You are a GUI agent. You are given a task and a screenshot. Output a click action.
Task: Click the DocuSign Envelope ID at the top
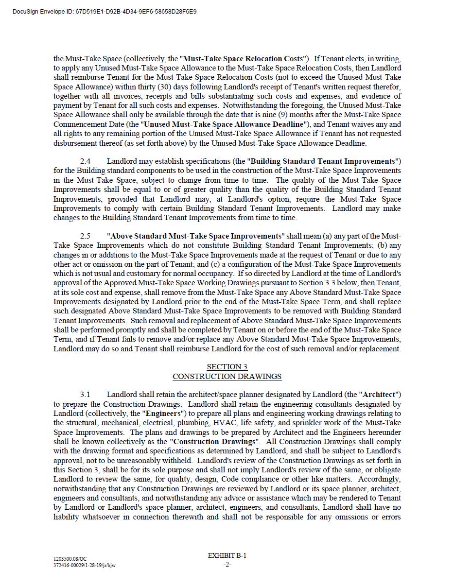coord(105,11)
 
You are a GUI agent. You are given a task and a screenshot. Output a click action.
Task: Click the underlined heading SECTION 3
coord(227,367)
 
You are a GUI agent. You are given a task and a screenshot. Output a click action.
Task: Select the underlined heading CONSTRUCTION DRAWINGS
coord(227,377)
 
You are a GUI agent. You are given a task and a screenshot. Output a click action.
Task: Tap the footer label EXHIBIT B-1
coord(227,555)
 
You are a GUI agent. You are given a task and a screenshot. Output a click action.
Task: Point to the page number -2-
coord(227,564)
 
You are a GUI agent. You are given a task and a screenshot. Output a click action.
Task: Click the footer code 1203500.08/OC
coord(70,559)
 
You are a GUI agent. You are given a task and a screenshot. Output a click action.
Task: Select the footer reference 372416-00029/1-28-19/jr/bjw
coord(85,565)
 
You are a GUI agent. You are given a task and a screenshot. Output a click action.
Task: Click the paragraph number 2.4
coord(86,161)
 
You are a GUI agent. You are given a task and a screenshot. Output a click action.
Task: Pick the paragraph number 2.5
coord(86,236)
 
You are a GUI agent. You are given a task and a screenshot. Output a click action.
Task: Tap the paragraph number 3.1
coord(86,395)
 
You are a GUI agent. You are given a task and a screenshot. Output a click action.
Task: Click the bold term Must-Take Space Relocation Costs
coord(243,59)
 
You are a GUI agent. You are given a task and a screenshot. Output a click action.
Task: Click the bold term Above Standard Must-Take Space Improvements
coord(195,236)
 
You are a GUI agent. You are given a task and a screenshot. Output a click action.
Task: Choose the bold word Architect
coord(379,395)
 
